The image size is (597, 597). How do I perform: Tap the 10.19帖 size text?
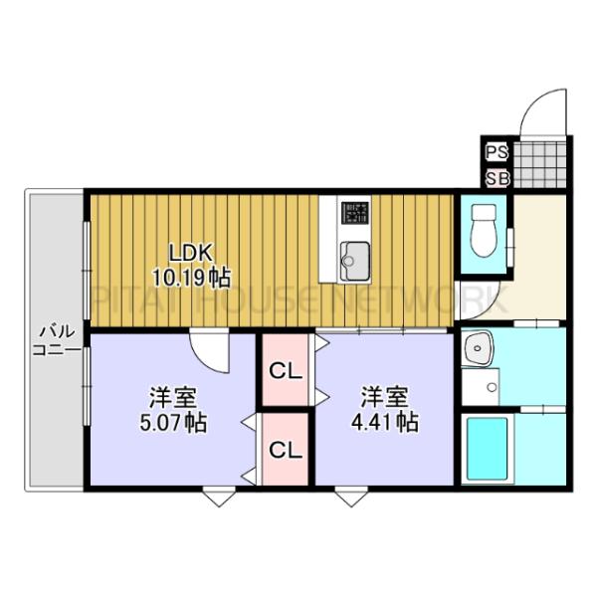[x=191, y=276]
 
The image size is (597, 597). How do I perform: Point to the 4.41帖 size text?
[x=384, y=422]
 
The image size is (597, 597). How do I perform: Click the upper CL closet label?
[x=286, y=373]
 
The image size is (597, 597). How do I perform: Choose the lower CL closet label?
[x=286, y=449]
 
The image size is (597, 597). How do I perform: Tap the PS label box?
[x=497, y=152]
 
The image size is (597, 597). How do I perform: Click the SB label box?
[x=497, y=179]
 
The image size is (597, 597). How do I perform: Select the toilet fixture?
[x=484, y=229]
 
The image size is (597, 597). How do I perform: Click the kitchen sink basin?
[x=352, y=261]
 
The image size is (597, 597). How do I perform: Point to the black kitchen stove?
[x=352, y=213]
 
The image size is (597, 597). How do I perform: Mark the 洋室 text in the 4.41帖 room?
[x=384, y=396]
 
